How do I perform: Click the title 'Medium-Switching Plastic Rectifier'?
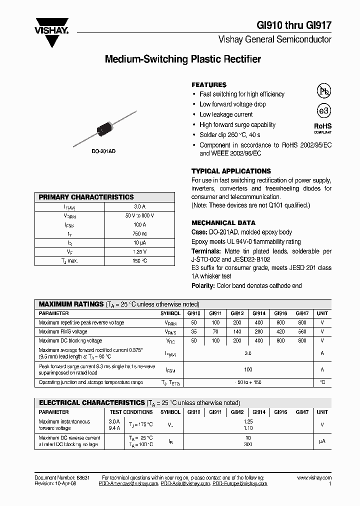point(183,59)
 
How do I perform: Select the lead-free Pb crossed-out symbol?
point(324,90)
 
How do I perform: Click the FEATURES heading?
point(209,85)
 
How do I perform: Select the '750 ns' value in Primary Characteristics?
point(140,233)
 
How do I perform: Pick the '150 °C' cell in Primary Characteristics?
point(140,260)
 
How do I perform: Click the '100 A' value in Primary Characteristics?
point(140,224)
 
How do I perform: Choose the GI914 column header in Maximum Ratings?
point(258,313)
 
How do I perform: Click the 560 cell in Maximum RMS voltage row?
point(301,331)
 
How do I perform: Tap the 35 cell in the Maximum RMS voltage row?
point(193,331)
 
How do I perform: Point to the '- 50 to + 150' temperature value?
point(248,382)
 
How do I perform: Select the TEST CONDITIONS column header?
point(131,412)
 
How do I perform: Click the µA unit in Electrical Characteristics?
point(322,441)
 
